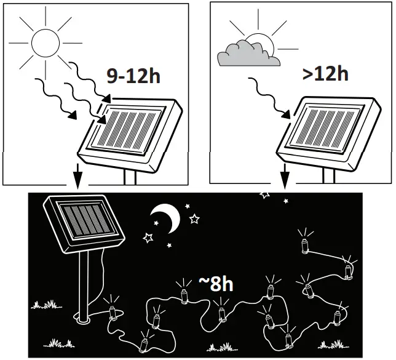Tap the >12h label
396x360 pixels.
(325, 74)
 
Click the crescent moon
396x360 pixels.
(165, 217)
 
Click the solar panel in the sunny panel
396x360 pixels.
(133, 130)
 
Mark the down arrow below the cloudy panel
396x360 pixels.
(285, 178)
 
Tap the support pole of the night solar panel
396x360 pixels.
(84, 289)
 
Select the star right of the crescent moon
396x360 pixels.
(194, 218)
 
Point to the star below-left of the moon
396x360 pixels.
(148, 236)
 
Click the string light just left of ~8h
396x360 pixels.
(184, 295)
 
